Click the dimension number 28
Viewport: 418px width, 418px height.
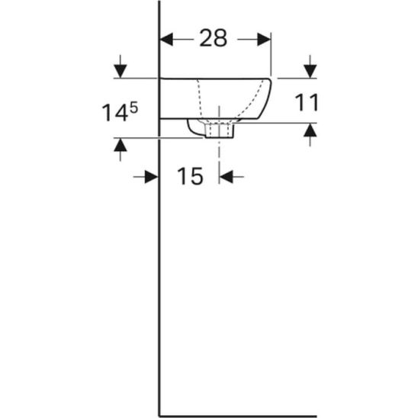coord(214,38)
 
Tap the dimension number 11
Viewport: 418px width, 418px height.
coord(307,102)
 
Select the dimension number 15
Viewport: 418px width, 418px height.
coord(190,176)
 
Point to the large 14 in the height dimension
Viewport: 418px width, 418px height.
coord(114,113)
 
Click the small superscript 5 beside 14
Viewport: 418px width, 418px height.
coord(133,108)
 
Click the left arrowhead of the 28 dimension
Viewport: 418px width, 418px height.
coord(166,40)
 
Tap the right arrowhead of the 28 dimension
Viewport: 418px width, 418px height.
coord(264,40)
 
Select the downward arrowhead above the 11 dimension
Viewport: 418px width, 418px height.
coord(310,71)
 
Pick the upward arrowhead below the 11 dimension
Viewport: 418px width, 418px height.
coord(310,130)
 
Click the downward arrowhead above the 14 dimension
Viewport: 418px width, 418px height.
coord(121,71)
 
